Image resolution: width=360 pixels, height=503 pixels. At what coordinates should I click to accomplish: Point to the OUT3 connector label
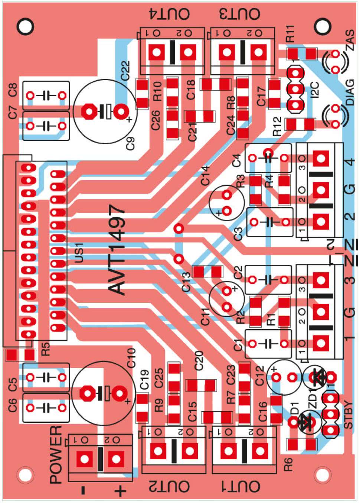[239, 14]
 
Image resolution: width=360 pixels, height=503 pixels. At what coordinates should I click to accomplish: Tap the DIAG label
[350, 92]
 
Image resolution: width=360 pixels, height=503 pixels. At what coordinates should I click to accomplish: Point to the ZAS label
[350, 40]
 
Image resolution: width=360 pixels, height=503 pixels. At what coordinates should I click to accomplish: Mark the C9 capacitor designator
[131, 144]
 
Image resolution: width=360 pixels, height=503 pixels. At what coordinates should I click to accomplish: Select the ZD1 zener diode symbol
[318, 379]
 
